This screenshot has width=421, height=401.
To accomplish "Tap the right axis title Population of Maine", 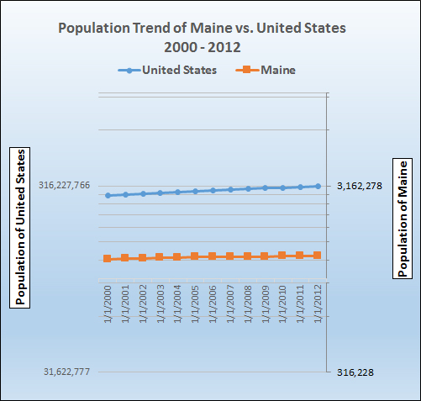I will [x=403, y=217].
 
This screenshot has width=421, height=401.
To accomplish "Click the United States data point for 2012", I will [x=318, y=186].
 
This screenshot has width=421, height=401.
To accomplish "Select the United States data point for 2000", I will [x=108, y=195].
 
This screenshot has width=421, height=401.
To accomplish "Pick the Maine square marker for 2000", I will [x=108, y=258].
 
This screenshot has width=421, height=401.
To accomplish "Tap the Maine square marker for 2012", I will [x=318, y=255].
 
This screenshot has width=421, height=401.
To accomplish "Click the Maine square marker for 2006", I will [x=213, y=256].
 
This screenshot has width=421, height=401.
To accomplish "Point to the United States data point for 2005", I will [x=195, y=191].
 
